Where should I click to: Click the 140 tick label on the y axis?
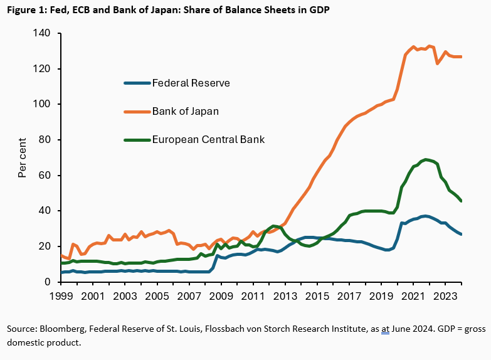(43, 33)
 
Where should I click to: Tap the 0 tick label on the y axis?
(48, 282)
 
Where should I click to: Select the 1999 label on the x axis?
(61, 295)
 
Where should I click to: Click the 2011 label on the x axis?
(253, 295)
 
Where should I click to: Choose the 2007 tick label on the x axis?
(189, 295)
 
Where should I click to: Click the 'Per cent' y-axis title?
(22, 157)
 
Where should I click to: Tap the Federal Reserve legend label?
(191, 83)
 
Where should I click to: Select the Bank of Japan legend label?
(184, 111)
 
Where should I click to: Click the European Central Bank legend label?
(208, 139)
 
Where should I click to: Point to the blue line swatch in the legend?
(137, 83)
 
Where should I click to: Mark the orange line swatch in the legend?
(137, 111)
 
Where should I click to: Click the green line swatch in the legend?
(137, 139)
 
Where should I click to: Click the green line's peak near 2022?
(426, 159)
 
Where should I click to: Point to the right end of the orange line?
(462, 57)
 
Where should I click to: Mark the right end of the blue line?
(462, 235)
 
